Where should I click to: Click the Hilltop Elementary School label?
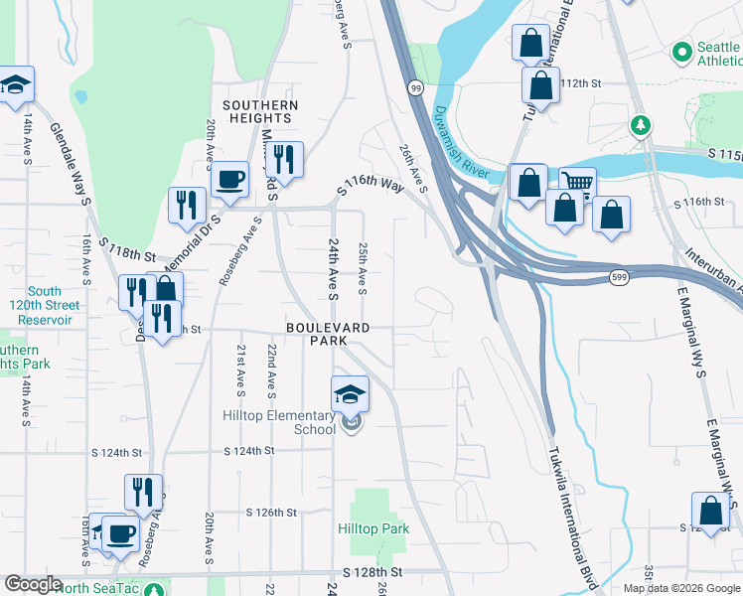[x=279, y=422]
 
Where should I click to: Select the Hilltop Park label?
[x=373, y=528]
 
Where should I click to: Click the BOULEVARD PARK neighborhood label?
[x=329, y=334]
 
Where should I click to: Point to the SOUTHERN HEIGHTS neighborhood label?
[x=260, y=111]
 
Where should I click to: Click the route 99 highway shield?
[x=414, y=88]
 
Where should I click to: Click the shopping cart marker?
[x=576, y=184]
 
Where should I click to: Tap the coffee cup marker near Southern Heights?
[x=229, y=180]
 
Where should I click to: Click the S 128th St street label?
[x=373, y=573]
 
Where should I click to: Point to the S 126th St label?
[x=271, y=513]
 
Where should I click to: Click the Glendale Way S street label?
[x=70, y=165]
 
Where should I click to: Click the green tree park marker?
[x=642, y=125]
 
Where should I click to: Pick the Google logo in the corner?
[x=33, y=584]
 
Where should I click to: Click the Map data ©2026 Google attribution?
[x=680, y=588]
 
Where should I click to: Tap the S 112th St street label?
[x=581, y=83]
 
